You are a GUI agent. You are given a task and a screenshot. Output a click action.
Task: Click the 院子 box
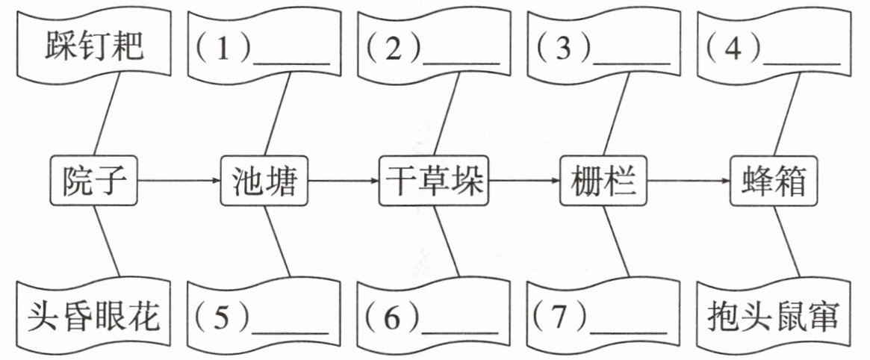(93, 181)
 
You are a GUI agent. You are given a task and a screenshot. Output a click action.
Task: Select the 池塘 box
(264, 181)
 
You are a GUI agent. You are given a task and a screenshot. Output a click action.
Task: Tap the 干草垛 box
(434, 181)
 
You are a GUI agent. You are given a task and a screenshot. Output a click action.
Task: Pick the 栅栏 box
(603, 181)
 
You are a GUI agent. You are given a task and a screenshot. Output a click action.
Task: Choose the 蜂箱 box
(774, 181)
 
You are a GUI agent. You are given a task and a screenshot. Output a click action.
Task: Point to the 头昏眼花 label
(94, 317)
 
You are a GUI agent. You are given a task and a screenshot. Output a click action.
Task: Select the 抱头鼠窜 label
(774, 317)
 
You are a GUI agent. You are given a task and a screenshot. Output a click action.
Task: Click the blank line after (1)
(291, 63)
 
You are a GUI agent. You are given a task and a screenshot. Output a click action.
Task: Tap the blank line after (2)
(461, 63)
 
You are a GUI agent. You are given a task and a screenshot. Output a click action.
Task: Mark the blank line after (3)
(632, 63)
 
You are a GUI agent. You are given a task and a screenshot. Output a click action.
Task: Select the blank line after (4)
(802, 63)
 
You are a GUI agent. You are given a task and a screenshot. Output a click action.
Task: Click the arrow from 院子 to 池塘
(178, 181)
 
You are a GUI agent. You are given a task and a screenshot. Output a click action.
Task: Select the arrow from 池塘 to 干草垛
(344, 181)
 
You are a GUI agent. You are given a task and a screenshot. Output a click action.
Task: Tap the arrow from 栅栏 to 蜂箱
(688, 181)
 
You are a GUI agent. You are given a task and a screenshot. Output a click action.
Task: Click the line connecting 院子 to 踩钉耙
(107, 114)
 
